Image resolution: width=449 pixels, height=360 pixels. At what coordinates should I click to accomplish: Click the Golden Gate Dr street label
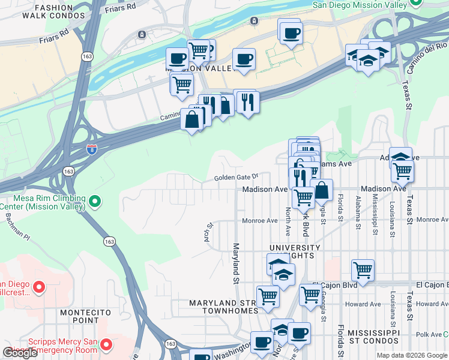coord(237,178)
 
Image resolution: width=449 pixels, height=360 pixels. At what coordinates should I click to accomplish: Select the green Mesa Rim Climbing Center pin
coord(94,202)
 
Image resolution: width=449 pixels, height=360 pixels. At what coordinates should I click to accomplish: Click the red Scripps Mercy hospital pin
coord(106,344)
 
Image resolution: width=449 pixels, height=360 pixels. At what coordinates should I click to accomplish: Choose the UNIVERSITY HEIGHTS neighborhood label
coord(295,251)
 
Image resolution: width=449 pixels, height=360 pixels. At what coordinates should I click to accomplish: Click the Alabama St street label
coord(358,212)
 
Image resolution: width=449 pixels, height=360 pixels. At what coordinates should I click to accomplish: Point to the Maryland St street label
coord(236,264)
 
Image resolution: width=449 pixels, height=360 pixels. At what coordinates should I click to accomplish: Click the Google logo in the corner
coord(20,353)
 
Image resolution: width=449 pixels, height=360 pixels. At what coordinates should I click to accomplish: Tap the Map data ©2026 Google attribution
coord(412,355)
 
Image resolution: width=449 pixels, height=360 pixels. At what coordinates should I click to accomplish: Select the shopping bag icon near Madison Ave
coord(322,190)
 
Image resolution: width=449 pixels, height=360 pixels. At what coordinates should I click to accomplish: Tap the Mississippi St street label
coord(375,211)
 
